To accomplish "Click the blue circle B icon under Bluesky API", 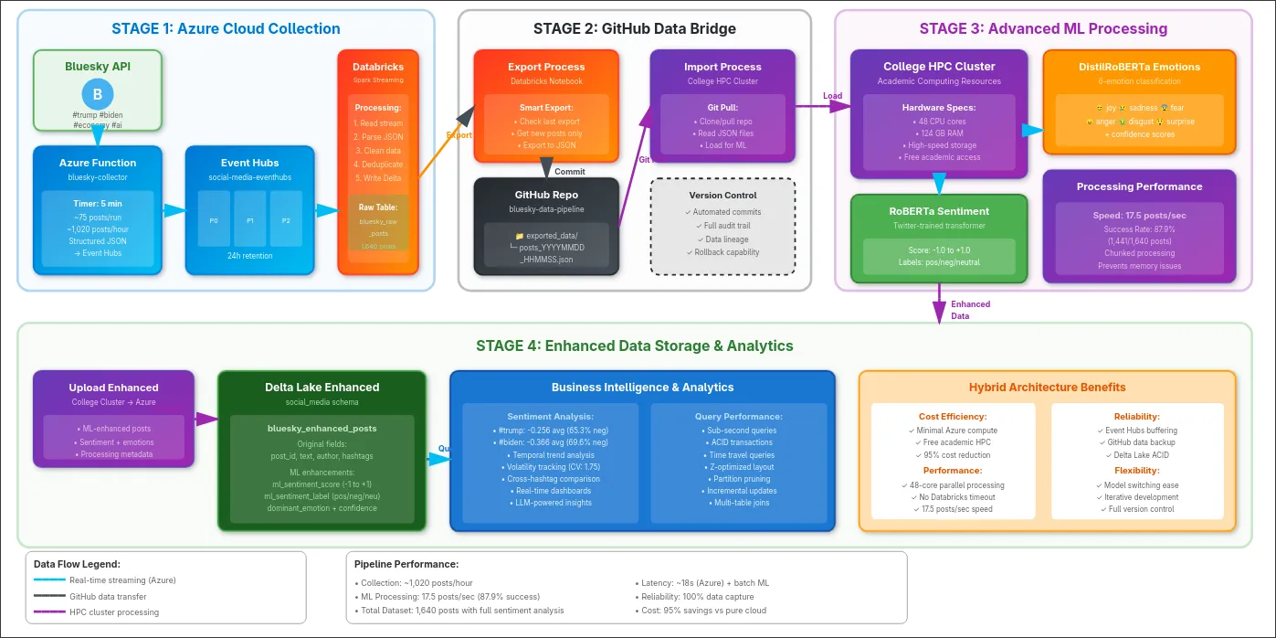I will point(97,95).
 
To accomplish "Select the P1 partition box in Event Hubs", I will point(249,219).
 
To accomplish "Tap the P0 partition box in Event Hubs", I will point(214,219).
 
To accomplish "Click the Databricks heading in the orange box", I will point(378,67).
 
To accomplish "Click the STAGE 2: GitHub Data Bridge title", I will point(634,28).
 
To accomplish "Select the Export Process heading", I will point(546,67).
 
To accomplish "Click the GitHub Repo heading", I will point(546,195).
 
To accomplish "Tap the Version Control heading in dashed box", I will point(722,195).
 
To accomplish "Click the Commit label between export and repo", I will point(570,171).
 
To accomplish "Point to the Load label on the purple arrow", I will point(832,95).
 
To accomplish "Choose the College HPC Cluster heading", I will point(939,67).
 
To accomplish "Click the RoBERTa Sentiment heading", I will point(939,211).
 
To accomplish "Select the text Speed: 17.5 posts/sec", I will point(1139,216).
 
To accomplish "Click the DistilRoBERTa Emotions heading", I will point(1139,67).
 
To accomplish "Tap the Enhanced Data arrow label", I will point(970,310).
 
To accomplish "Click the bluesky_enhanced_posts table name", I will point(322,428).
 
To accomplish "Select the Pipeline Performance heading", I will point(406,564).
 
